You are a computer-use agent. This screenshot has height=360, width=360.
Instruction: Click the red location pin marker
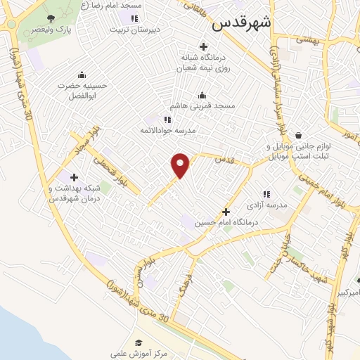click(181, 165)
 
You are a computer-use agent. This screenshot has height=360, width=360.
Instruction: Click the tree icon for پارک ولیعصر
click(51, 18)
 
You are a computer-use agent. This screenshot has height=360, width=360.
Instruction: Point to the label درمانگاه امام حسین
click(226, 222)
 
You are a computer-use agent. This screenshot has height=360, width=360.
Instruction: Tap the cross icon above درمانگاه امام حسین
click(226, 211)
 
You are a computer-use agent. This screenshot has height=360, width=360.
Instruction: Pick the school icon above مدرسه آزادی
click(266, 194)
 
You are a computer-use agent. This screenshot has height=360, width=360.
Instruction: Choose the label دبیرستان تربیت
click(137, 29)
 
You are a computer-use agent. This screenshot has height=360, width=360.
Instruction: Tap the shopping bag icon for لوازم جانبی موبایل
click(299, 135)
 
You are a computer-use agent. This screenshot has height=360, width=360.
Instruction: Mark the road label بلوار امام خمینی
click(320, 186)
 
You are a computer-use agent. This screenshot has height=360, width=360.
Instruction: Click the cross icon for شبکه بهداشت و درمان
click(74, 177)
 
